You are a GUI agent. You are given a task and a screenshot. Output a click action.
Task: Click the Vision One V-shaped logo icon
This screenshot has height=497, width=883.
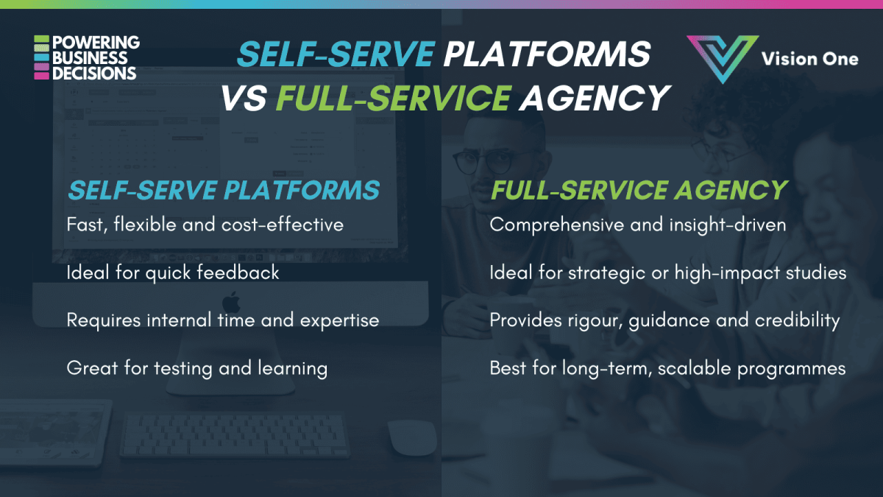point(723,58)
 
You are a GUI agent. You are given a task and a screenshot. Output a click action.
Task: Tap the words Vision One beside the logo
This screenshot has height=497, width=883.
point(810,58)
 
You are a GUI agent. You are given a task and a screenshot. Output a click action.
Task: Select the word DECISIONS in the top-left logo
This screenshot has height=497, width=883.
point(94,73)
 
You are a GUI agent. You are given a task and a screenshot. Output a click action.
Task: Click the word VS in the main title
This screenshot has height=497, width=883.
point(244,97)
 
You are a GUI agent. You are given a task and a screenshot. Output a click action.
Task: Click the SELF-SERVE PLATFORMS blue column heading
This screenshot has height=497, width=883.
point(223,190)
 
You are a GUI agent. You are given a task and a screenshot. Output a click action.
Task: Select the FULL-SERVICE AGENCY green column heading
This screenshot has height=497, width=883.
point(639,190)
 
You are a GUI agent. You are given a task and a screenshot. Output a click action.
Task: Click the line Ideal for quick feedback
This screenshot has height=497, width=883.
point(173,272)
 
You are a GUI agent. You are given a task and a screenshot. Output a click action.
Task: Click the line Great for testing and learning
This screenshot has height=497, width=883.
point(196,367)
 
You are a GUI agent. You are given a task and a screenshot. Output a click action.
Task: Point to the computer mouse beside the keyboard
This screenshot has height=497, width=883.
point(411,437)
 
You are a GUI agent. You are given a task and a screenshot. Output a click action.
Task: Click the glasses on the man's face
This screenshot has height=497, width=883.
point(483,161)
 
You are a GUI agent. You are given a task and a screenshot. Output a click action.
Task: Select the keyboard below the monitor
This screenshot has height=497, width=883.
point(235,434)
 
